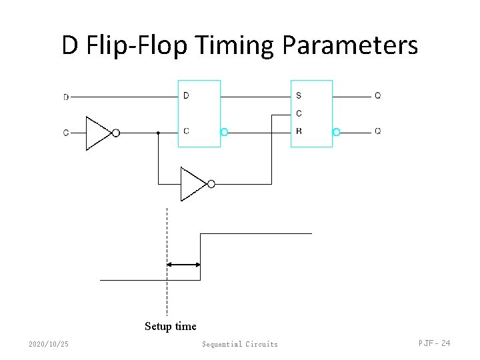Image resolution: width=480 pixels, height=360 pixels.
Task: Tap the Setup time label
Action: (x=171, y=326)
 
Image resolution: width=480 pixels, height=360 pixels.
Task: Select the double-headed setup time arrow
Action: (x=183, y=265)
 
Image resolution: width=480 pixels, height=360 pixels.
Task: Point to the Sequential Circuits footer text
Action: (x=240, y=344)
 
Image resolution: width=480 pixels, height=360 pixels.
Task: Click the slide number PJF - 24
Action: (x=434, y=343)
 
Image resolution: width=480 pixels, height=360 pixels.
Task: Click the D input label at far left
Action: (x=66, y=97)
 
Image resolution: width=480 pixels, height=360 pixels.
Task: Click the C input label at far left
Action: (x=66, y=133)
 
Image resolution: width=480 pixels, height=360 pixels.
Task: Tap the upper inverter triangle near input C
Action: (x=98, y=133)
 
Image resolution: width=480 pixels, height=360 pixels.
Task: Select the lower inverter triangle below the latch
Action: (x=193, y=184)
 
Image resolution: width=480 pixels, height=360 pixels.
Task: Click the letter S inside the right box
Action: (x=299, y=96)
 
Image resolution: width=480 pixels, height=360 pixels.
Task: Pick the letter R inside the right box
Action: (x=299, y=131)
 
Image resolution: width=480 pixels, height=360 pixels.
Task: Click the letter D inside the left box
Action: (x=186, y=96)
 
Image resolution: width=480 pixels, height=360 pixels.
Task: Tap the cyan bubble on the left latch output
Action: (x=224, y=132)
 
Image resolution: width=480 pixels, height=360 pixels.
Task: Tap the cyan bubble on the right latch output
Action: (x=336, y=132)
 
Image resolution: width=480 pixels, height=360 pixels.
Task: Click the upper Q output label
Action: (x=378, y=96)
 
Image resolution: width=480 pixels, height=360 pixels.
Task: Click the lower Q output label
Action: (x=378, y=131)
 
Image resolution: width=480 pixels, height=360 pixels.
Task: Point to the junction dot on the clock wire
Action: (x=158, y=133)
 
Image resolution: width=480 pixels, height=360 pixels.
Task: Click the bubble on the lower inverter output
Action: (x=211, y=184)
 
